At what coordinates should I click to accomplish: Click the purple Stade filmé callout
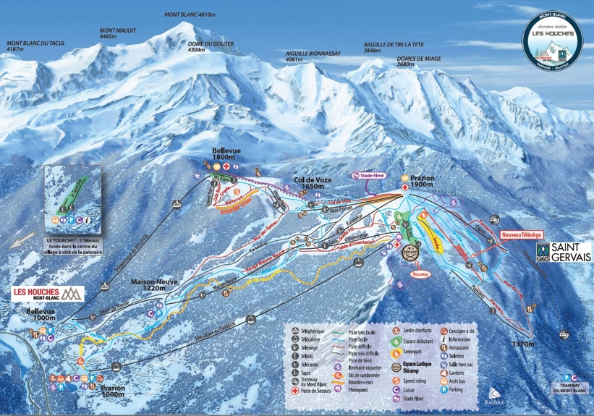point(368,176)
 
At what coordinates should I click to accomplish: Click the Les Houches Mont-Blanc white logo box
point(48,294)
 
